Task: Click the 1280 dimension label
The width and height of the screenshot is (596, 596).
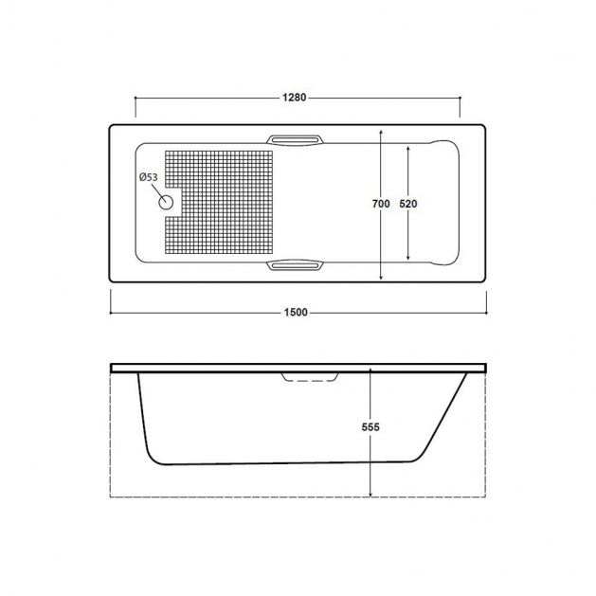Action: pos(294,98)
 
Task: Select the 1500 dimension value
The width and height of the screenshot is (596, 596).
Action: pos(296,313)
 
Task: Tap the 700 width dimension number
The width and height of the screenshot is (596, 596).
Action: pos(381,204)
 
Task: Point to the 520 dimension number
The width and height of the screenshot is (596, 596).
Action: pos(408,204)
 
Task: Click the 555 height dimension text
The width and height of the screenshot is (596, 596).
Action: pos(370,427)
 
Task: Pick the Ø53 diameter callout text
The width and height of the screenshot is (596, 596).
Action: pos(148,177)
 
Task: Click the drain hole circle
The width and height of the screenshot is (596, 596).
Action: pos(166,203)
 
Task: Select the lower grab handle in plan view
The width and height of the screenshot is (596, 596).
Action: pos(294,265)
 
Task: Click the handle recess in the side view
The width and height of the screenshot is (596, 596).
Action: pos(310,377)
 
